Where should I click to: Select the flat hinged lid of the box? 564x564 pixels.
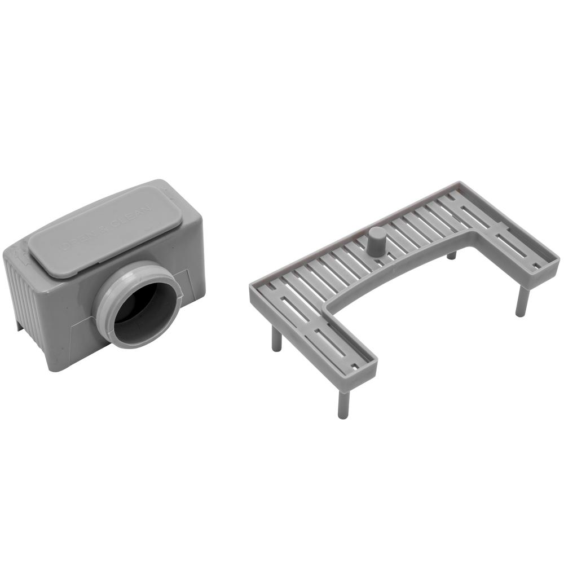tap(102, 228)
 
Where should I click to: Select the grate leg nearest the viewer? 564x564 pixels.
tap(342, 403)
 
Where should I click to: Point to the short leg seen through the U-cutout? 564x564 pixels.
tap(451, 255)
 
